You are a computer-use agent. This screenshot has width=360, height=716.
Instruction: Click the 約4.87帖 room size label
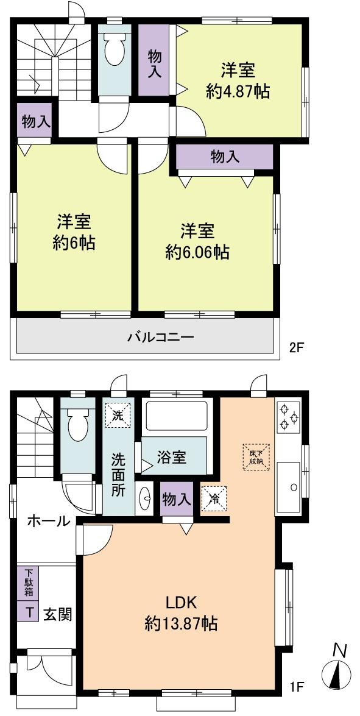[238, 92]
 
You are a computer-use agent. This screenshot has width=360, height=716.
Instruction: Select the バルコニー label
[160, 336]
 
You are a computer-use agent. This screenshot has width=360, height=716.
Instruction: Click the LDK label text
[181, 603]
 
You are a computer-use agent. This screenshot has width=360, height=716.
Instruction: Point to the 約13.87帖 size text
[182, 624]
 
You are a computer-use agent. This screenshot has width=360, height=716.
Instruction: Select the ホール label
[48, 521]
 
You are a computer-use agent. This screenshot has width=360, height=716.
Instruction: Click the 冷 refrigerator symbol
[214, 497]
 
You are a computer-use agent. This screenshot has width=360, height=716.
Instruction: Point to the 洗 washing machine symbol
[118, 416]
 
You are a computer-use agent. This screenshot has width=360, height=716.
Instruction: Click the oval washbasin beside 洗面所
[147, 500]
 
